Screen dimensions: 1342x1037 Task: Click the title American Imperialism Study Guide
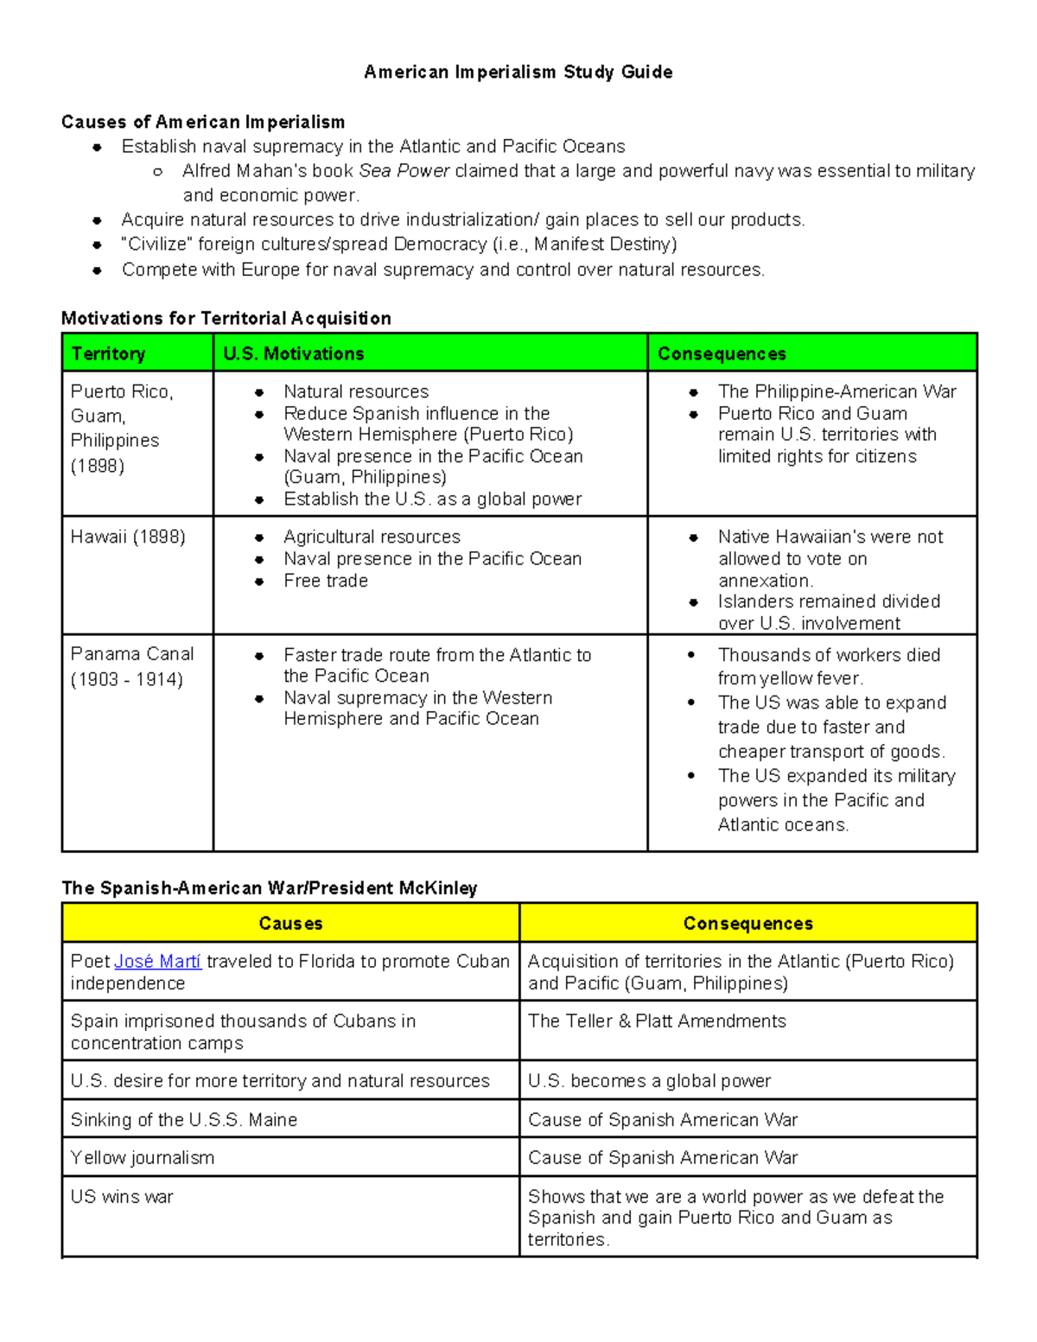click(x=518, y=72)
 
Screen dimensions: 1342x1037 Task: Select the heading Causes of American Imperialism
click(x=203, y=122)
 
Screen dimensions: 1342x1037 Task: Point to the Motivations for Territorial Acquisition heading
click(x=226, y=318)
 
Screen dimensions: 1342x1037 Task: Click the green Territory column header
click(x=109, y=353)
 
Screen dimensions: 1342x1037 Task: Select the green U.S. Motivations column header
click(x=294, y=353)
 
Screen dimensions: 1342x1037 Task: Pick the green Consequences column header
click(x=722, y=353)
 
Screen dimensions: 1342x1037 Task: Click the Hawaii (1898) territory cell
click(x=128, y=537)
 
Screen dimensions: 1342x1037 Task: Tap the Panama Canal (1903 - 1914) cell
click(x=132, y=666)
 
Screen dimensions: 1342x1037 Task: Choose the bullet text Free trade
click(x=326, y=581)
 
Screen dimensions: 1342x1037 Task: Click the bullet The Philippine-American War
click(x=837, y=391)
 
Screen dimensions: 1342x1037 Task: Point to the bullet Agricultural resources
click(x=372, y=537)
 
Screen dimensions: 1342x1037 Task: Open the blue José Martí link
click(x=157, y=961)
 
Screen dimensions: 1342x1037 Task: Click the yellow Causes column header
click(x=290, y=923)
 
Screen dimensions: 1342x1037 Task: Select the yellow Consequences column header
click(x=748, y=923)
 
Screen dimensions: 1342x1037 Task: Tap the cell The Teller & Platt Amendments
click(x=657, y=1021)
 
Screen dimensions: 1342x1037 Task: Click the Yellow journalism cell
click(x=143, y=1158)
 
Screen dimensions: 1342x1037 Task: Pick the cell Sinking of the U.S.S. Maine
click(x=184, y=1120)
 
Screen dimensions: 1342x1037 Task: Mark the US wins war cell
click(x=122, y=1197)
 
